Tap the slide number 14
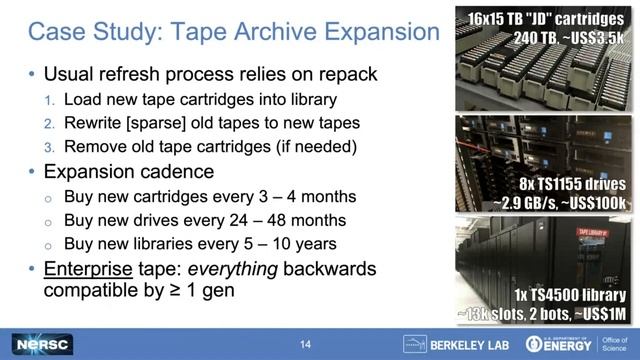[x=306, y=344]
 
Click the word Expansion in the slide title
[x=380, y=32]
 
